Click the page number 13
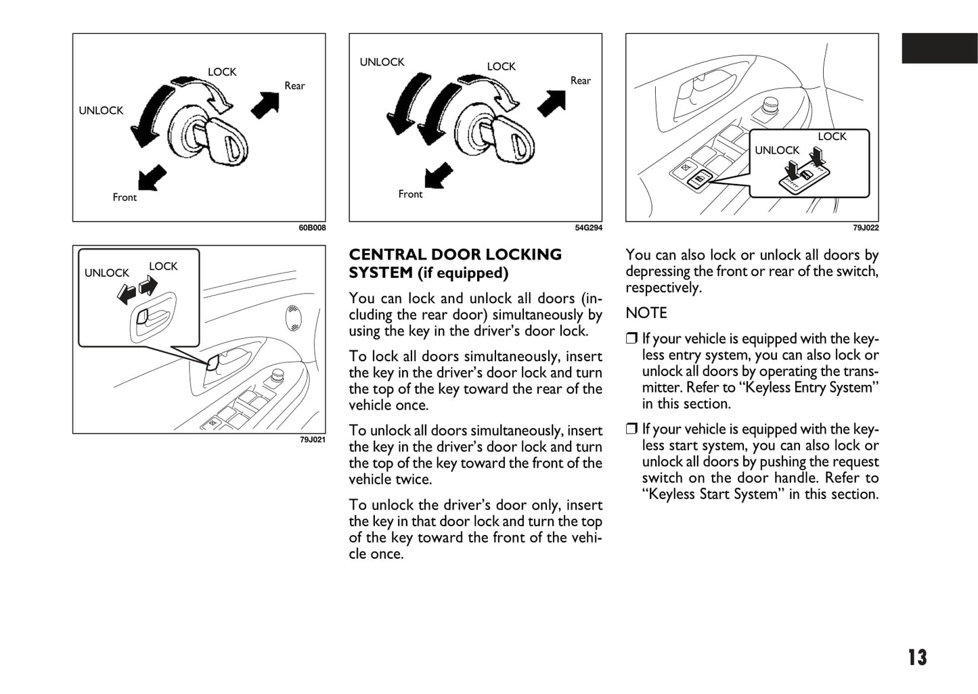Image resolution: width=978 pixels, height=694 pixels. [917, 657]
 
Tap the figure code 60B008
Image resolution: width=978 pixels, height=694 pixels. [312, 228]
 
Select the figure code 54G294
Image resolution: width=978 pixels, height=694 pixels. [588, 228]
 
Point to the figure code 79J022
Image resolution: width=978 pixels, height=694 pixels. [866, 228]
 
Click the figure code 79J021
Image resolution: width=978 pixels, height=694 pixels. [312, 440]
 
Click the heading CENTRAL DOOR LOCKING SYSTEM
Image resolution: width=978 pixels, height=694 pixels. [455, 264]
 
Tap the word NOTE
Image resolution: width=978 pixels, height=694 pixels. [646, 313]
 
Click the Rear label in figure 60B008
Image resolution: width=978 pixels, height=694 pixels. [294, 86]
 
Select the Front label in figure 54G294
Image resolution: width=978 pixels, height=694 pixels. [410, 194]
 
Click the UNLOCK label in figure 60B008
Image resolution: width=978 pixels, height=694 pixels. [101, 110]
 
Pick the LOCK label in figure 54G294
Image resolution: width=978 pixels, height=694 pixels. [501, 66]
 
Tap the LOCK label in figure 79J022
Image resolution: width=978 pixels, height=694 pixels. [832, 137]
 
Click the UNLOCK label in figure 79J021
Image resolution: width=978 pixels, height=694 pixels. [106, 273]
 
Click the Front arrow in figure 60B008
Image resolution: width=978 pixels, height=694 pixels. [152, 177]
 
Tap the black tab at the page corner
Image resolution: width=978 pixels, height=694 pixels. [939, 48]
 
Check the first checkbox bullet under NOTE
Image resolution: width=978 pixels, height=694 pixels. [631, 339]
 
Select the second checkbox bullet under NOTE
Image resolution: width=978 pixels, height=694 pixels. [631, 429]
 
